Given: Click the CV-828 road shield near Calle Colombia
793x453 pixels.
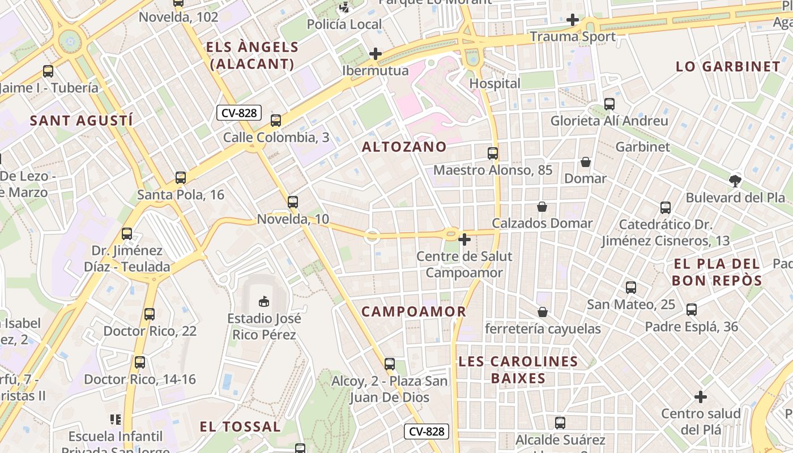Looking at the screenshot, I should click(239, 113).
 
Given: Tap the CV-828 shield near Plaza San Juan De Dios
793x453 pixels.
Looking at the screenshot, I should click(428, 431).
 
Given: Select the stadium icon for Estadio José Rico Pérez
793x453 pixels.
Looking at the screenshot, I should click(263, 301).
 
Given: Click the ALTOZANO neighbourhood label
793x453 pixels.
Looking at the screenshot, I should click(404, 147).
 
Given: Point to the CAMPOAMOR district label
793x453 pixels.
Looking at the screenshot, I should click(413, 311).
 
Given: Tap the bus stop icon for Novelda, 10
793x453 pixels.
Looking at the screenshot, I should click(293, 202).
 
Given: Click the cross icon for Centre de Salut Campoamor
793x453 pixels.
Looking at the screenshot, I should click(464, 240).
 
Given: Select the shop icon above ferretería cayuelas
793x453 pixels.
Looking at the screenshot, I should click(543, 312).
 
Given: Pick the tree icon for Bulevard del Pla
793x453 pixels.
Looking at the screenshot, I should click(735, 181).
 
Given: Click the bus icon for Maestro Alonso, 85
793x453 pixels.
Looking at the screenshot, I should click(493, 153).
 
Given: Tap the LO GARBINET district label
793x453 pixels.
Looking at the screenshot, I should click(728, 66).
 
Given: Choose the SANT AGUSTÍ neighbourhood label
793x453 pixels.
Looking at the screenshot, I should click(81, 121).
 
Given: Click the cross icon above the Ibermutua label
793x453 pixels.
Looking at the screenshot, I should click(375, 54).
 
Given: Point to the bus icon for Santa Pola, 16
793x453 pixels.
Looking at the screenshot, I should click(181, 178).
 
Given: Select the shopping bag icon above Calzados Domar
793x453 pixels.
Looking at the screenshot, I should click(542, 207).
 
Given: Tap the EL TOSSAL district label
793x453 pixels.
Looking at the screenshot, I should click(240, 426).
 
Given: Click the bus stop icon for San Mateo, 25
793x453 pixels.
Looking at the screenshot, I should click(631, 288).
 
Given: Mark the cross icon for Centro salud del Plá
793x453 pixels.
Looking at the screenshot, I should click(701, 397).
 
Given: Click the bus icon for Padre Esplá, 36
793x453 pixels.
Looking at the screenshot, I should click(692, 310).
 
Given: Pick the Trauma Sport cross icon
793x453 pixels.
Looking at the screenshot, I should click(573, 20).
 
